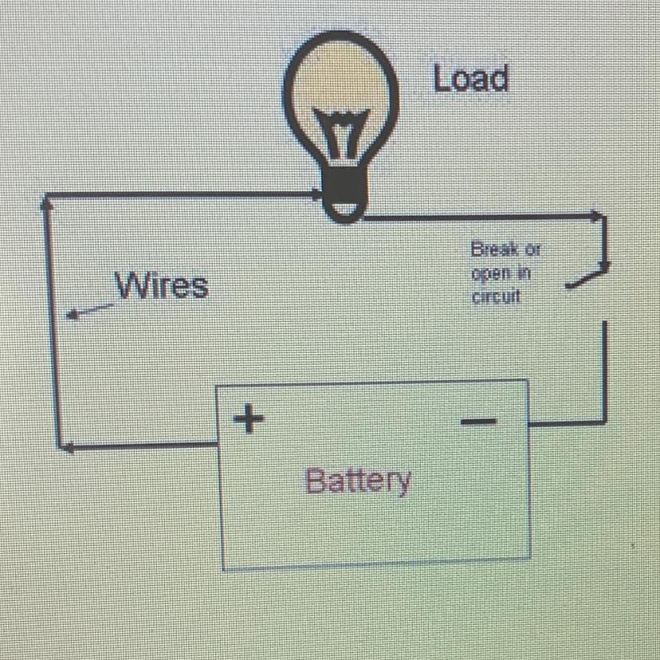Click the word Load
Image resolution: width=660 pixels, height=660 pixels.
click(470, 78)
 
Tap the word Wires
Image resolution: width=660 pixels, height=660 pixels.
click(163, 285)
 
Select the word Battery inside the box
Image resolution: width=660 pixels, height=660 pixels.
click(359, 481)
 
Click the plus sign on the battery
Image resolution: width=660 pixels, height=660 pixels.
click(249, 418)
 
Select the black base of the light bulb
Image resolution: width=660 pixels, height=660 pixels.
click(344, 191)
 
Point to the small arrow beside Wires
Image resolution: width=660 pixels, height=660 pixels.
click(86, 312)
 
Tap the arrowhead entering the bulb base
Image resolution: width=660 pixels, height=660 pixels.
click(314, 194)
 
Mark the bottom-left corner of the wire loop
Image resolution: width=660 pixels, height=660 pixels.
click(60, 446)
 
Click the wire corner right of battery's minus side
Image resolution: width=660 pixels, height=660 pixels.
click(607, 420)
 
